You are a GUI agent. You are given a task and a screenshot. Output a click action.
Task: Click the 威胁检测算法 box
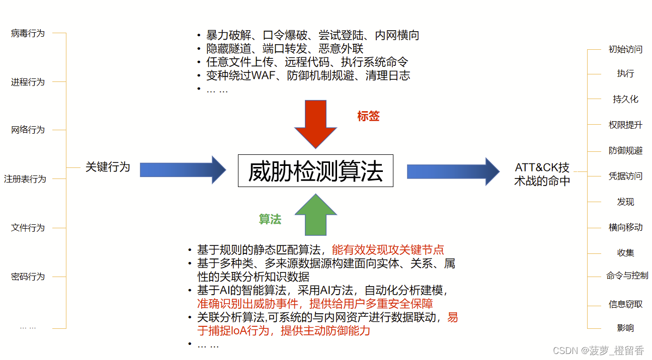coord(315,171)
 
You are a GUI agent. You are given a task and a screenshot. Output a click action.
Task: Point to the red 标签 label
coord(368,116)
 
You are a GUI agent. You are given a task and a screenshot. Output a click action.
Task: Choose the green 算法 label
coord(270,219)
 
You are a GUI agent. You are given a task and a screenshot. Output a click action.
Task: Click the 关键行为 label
coord(108,167)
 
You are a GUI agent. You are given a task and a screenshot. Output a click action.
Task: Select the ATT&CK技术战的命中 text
coord(542,174)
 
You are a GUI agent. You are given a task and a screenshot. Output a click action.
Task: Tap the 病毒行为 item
coord(28,34)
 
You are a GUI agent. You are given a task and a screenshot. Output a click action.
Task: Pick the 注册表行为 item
coord(25,179)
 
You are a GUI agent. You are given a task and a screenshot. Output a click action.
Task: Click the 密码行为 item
coord(28,277)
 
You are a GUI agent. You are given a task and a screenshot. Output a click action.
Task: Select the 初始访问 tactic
coord(625,49)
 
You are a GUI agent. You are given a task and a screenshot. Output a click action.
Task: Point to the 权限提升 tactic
coord(625,125)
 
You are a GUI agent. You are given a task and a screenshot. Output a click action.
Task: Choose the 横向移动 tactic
coord(625,227)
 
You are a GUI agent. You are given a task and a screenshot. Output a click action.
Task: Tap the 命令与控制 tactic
coord(627,276)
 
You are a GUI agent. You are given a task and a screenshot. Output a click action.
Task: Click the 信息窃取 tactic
coord(625,304)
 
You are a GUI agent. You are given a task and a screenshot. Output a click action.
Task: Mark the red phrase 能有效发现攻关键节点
coord(388,250)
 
